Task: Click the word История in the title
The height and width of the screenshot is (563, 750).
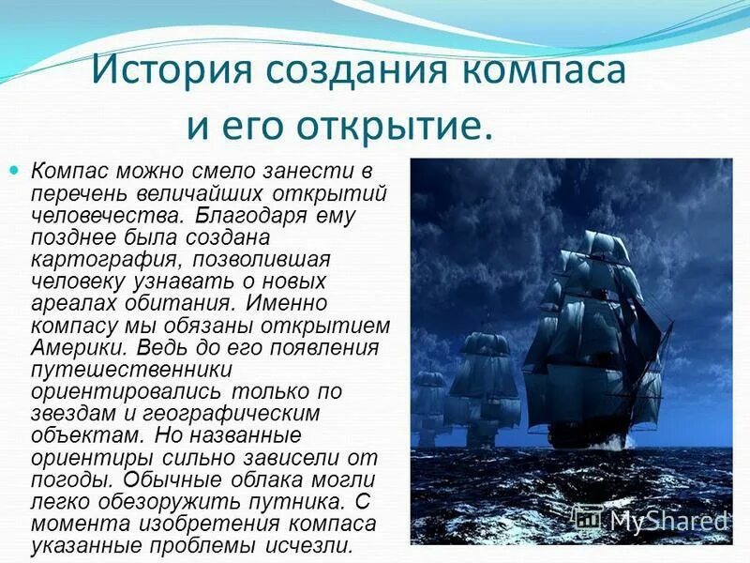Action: tap(172, 71)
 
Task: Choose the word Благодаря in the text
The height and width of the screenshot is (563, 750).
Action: tap(252, 215)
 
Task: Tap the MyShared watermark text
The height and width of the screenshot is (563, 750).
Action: tap(667, 519)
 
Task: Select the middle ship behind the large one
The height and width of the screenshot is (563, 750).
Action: tap(484, 385)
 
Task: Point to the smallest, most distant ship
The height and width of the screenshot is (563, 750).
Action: tap(429, 403)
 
